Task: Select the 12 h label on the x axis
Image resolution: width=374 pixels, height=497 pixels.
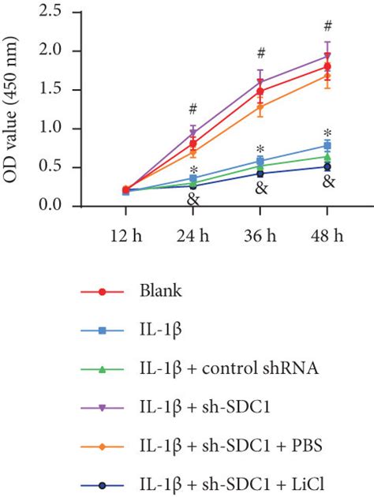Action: [127, 235]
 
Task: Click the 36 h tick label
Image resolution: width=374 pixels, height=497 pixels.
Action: [260, 235]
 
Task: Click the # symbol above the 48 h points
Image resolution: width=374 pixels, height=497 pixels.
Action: [327, 26]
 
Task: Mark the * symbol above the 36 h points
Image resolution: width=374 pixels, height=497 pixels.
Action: [260, 149]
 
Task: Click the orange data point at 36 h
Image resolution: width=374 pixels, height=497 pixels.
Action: [260, 107]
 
